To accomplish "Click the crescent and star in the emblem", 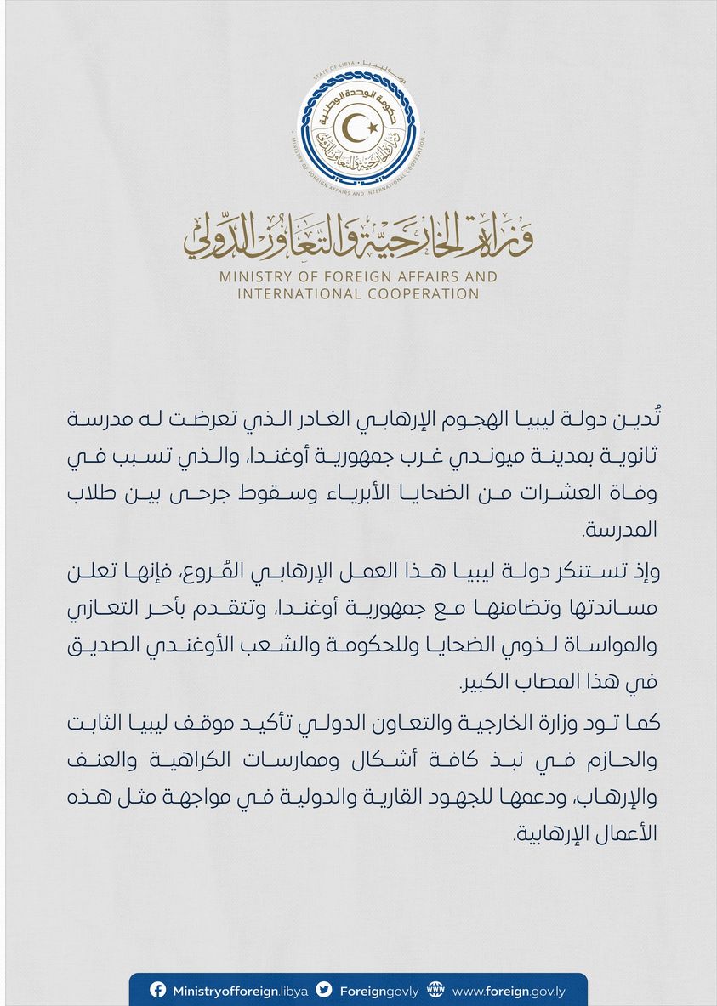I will click(358, 129).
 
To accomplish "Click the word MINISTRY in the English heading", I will click(253, 277).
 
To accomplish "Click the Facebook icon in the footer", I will click(157, 990).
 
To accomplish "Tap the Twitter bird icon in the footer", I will click(323, 990).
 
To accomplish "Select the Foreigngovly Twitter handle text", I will click(377, 991).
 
